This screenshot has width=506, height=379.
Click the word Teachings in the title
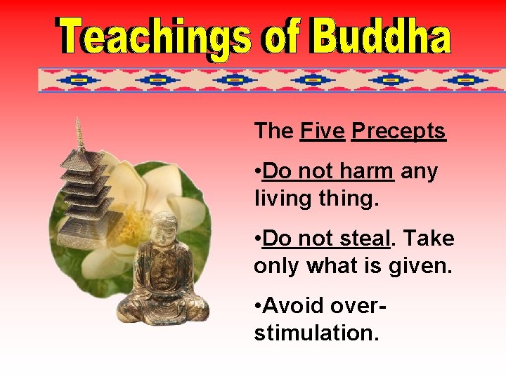click(155, 37)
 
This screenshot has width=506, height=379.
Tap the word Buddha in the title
click(380, 37)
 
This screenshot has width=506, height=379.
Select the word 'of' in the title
click(282, 37)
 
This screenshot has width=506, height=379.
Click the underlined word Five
click(323, 131)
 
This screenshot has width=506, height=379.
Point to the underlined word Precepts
click(398, 131)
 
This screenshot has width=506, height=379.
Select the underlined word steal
click(361, 239)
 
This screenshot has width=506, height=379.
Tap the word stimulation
click(316, 333)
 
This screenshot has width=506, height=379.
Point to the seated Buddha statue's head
click(166, 231)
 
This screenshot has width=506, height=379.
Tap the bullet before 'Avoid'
click(258, 306)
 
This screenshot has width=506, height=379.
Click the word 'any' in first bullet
click(420, 171)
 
